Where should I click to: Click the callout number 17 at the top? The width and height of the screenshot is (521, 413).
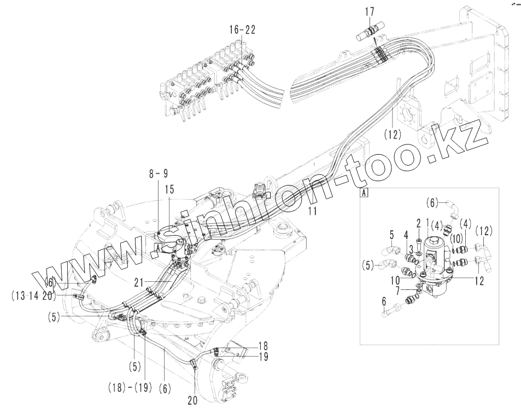pos(370,11)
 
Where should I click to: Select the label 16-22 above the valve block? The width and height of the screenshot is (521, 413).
pos(242,30)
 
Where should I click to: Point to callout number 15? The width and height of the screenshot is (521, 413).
pos(169,189)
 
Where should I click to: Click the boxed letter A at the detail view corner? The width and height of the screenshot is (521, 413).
pos(364,192)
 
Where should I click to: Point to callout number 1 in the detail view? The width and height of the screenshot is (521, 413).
pos(427,224)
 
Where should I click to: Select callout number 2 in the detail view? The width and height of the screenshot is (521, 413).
pos(418,224)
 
